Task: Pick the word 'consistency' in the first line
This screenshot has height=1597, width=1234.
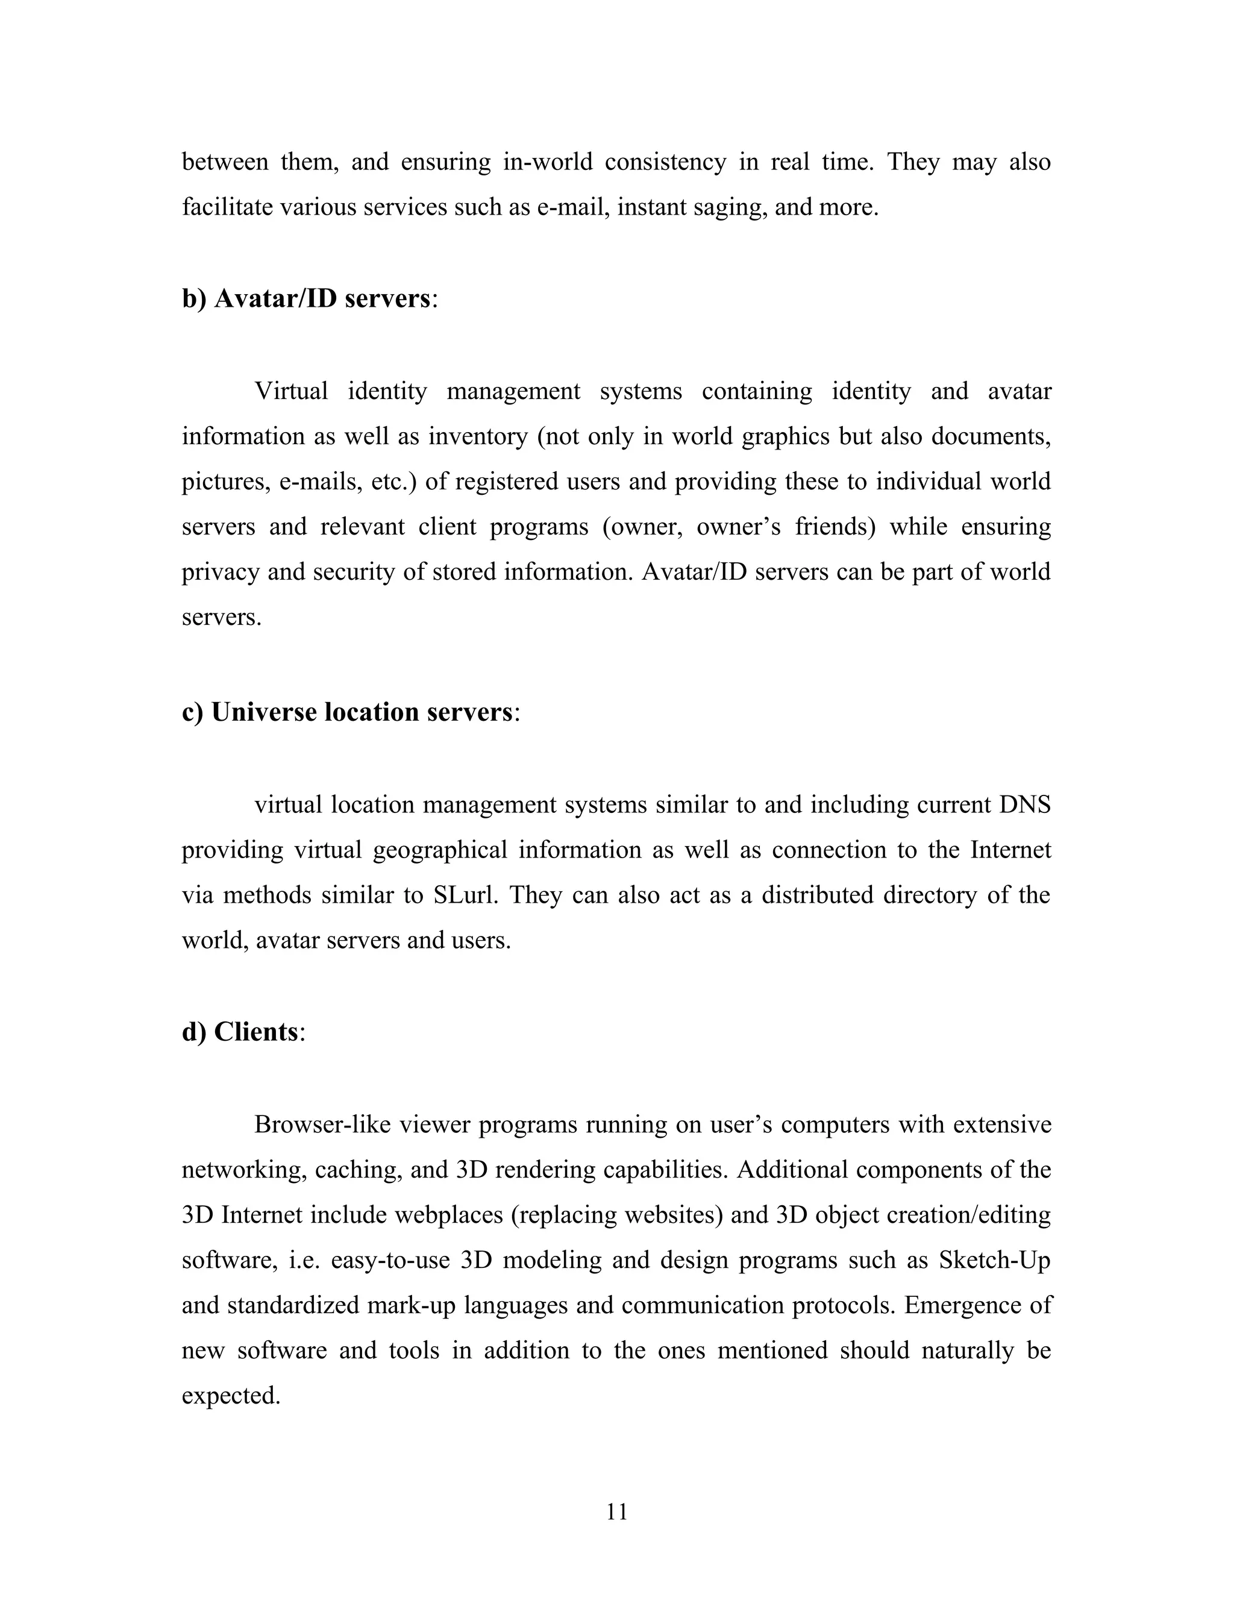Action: point(665,162)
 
